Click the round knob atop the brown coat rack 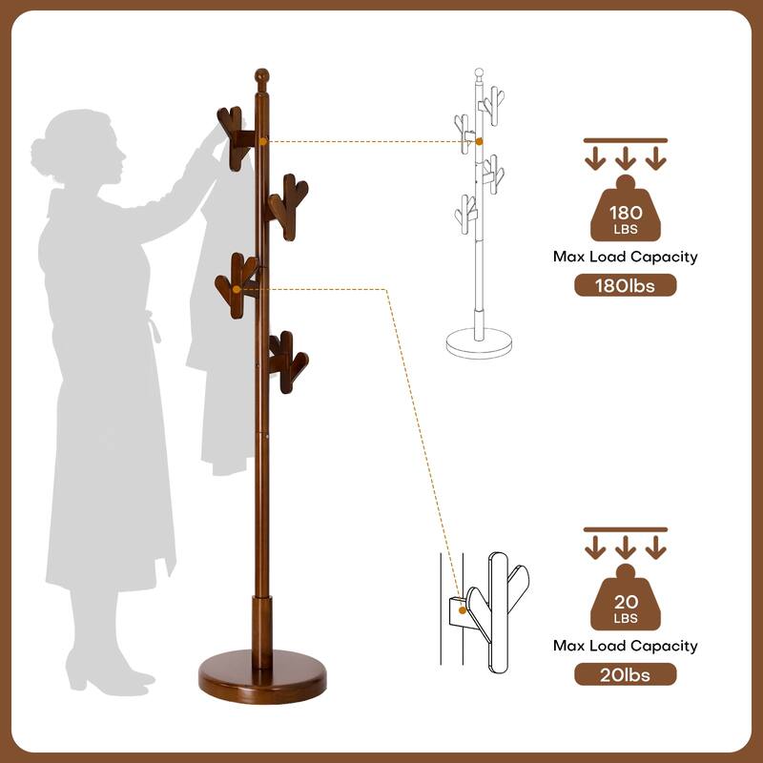(x=261, y=75)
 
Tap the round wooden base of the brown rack (x=262, y=677)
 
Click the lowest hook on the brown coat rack (x=286, y=361)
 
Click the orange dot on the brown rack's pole (x=263, y=141)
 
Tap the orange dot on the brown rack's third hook (x=237, y=288)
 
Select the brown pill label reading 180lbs (x=625, y=285)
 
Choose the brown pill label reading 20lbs (x=625, y=674)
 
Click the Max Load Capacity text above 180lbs (x=625, y=257)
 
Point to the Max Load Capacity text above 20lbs (x=625, y=646)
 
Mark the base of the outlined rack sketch (x=479, y=340)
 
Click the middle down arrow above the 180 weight (x=625, y=157)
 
